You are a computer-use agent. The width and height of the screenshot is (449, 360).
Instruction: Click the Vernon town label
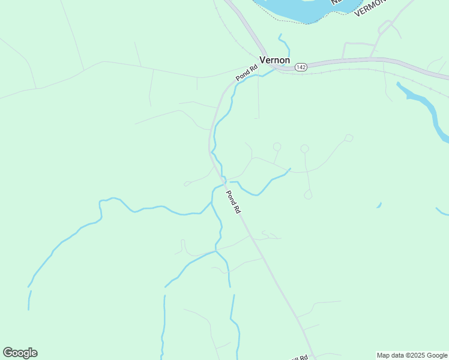[x=274, y=60]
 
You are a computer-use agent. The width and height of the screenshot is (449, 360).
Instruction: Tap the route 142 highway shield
[x=301, y=68]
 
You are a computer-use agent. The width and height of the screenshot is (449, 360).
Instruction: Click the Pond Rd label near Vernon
[x=246, y=73]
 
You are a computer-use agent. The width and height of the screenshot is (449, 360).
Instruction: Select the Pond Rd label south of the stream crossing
[x=233, y=202]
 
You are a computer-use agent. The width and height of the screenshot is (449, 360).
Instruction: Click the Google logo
[x=20, y=353]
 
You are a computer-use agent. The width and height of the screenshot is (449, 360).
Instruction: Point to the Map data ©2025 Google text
[x=412, y=355]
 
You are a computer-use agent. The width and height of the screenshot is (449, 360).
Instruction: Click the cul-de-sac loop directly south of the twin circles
[x=308, y=194]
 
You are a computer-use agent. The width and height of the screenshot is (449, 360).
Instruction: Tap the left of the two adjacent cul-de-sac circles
[x=277, y=146]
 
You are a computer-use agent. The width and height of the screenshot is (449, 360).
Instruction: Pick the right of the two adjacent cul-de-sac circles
[x=304, y=148]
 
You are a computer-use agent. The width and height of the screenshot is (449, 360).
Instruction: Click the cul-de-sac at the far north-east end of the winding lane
[x=349, y=138]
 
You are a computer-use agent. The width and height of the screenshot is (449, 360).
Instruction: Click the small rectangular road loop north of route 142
[x=359, y=51]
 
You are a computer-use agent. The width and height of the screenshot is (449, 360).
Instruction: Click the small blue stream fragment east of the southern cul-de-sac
[x=379, y=206]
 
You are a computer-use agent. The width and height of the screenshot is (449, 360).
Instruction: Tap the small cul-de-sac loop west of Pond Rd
[x=187, y=184]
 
